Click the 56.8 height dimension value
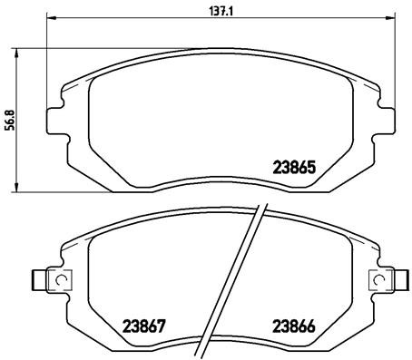click(x=11, y=120)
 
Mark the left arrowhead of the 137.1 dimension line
click(x=49, y=18)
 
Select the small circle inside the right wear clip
click(x=378, y=282)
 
